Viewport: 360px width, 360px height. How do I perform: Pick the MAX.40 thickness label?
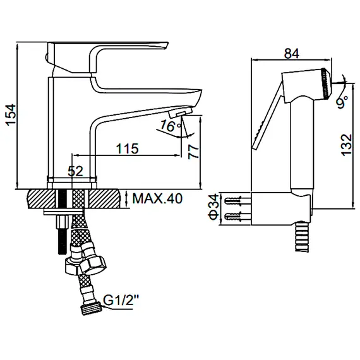pyautogui.click(x=157, y=200)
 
